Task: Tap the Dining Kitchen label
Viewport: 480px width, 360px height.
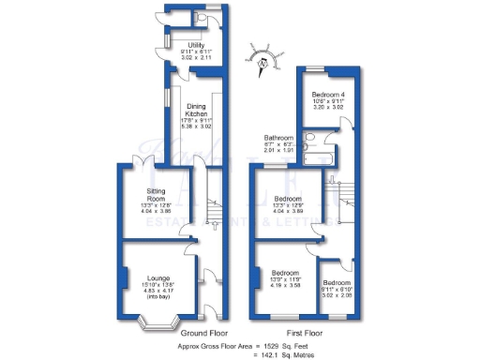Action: click(x=195, y=110)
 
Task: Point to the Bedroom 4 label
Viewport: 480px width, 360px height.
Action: click(x=329, y=95)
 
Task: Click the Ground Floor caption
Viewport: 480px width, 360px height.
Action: click(x=206, y=333)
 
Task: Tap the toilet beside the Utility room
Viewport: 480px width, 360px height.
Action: click(x=203, y=17)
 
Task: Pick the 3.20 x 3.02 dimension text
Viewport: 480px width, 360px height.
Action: click(x=329, y=109)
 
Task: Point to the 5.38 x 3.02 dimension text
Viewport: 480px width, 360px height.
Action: click(x=195, y=125)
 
